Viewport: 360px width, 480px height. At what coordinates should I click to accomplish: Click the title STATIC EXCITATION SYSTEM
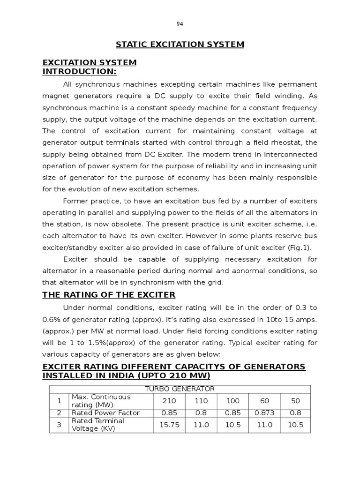[x=180, y=45]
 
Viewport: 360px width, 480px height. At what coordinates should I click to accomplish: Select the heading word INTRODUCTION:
[x=79, y=71]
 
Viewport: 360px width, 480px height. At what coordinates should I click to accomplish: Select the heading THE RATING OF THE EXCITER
[x=109, y=295]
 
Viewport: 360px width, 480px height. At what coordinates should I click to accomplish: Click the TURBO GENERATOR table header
[x=180, y=389]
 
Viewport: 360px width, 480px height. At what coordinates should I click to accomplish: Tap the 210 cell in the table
[x=169, y=401]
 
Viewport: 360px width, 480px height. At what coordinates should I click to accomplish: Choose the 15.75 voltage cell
[x=169, y=425]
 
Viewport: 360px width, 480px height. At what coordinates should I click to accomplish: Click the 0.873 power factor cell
[x=264, y=413]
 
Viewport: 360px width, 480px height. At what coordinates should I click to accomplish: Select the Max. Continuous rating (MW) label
[x=101, y=401]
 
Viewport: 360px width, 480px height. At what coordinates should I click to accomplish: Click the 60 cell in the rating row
[x=264, y=401]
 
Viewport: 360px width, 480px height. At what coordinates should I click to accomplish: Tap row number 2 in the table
[x=59, y=413]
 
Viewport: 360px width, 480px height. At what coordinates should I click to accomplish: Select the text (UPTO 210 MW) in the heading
[x=173, y=376]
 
